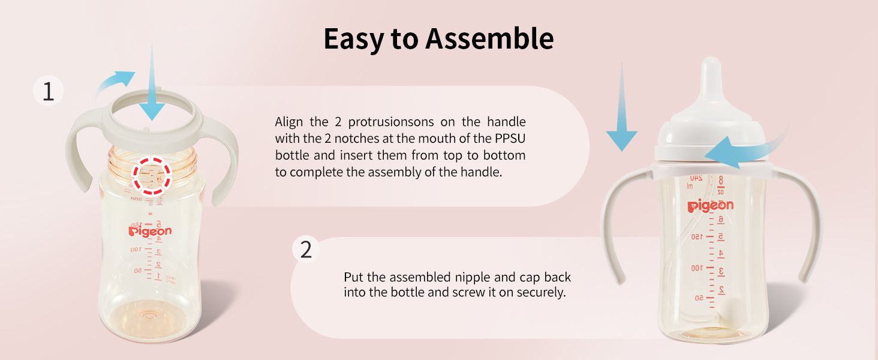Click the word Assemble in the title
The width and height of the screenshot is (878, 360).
pos(489,38)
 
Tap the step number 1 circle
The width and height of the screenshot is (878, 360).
pos(48,91)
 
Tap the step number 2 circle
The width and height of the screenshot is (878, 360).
pos(306,250)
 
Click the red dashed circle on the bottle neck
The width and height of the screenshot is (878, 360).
pos(152,175)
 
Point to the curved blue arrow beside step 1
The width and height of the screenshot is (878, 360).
pos(114,80)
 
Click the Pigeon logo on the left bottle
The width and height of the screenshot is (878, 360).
pos(150,231)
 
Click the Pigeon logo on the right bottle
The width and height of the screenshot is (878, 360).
pos(710,205)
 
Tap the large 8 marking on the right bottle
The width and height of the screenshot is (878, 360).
pos(720,181)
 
